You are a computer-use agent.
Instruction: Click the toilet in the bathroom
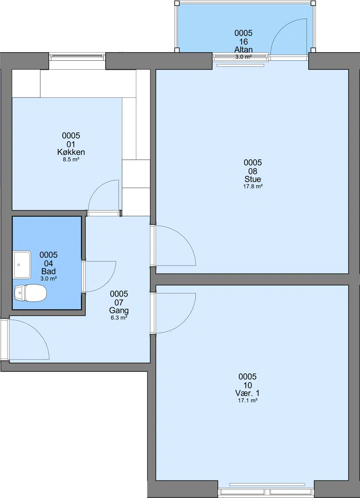point(31,293)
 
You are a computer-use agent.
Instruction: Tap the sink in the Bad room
point(22,265)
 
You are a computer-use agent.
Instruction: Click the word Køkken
point(71,152)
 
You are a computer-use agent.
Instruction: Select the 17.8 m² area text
point(252,187)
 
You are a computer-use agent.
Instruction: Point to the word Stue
point(252,179)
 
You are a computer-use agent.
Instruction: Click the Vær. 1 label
point(247,393)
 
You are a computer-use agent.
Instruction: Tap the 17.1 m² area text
point(247,401)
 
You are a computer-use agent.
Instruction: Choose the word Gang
point(119,310)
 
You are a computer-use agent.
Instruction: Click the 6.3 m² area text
point(119,318)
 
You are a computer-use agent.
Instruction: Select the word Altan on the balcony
point(243,49)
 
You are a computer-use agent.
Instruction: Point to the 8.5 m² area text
point(71,160)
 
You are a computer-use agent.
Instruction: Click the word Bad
point(48,271)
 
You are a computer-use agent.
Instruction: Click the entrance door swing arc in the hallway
point(37,331)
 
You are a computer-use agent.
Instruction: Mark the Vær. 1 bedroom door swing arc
point(184,321)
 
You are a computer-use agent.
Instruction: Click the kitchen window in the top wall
point(77,57)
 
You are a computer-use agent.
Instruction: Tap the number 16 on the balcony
point(243,41)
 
